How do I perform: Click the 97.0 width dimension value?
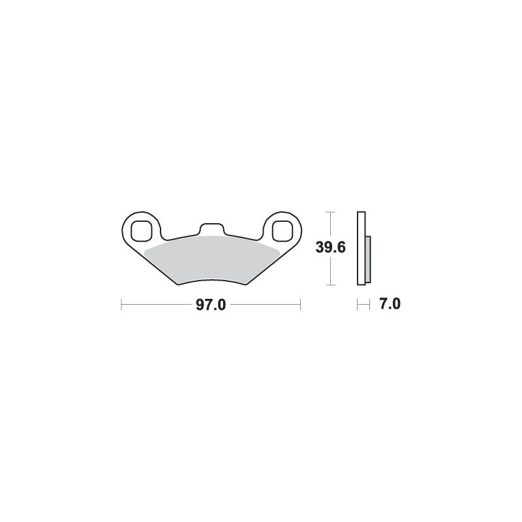click(211, 305)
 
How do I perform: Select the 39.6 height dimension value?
click(331, 247)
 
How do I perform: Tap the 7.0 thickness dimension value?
click(390, 304)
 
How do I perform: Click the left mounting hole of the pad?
click(141, 231)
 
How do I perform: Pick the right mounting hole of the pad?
click(283, 231)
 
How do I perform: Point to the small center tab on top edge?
click(211, 229)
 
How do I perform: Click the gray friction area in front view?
click(212, 259)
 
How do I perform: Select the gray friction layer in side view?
click(368, 260)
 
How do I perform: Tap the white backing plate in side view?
click(361, 249)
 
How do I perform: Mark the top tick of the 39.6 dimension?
click(330, 211)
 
